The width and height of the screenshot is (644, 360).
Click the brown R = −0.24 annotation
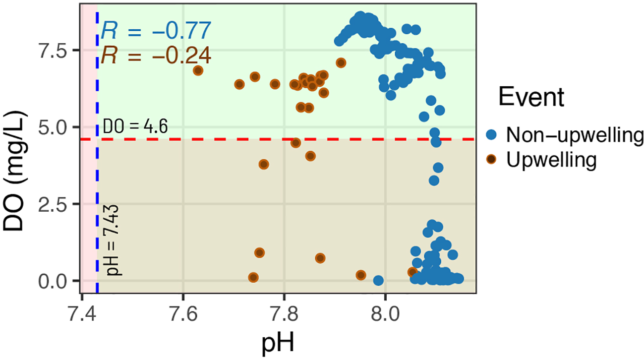tap(156, 55)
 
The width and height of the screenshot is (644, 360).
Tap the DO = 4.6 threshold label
tap(135, 127)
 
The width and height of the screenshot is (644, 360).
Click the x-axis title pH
tap(279, 343)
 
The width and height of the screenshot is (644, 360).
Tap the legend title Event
tap(531, 97)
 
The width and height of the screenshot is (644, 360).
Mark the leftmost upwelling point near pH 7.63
tap(198, 70)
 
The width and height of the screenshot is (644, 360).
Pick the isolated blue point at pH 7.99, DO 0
tap(378, 281)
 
